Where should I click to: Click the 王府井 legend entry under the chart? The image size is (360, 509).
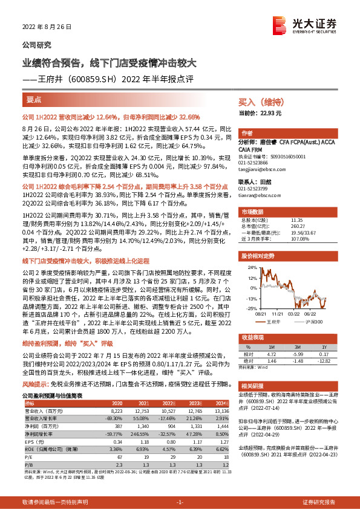(275, 322)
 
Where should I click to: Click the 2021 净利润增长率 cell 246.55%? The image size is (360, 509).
(140, 433)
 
